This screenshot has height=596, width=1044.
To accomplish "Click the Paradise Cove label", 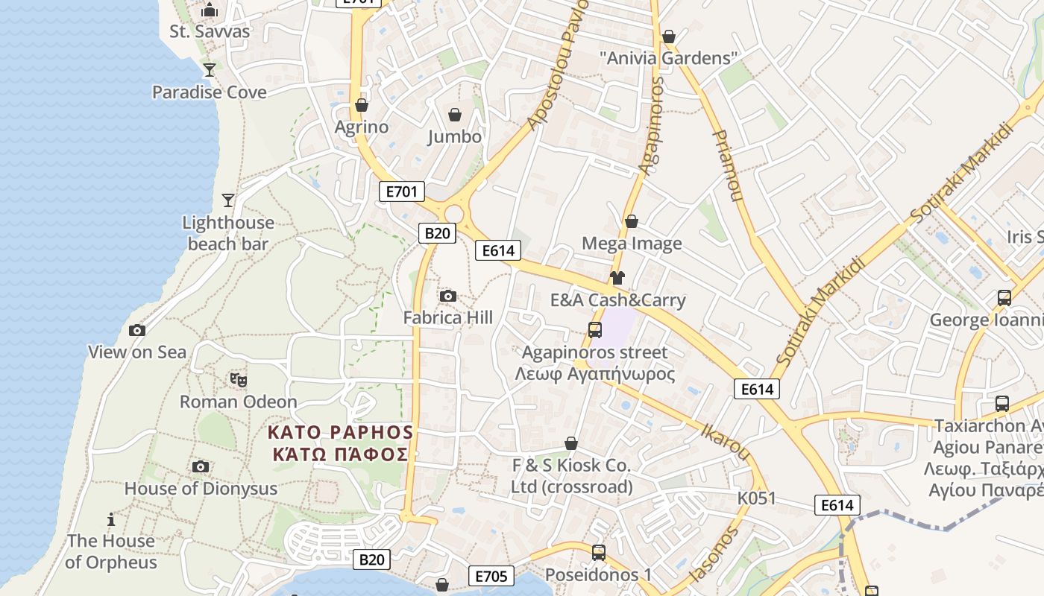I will [x=209, y=92].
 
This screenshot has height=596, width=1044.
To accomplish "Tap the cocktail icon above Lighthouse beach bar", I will [x=228, y=200].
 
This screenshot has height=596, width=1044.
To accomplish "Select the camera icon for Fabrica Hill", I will [x=448, y=296].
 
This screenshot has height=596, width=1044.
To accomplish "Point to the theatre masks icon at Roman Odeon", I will [x=239, y=380].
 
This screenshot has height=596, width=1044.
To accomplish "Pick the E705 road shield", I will [x=491, y=576].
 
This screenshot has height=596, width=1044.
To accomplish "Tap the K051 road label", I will [x=757, y=498].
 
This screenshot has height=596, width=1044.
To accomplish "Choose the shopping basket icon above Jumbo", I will [x=455, y=115].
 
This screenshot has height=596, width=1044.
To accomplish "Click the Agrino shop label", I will [x=362, y=127].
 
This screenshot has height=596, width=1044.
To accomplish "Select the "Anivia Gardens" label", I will [x=669, y=57].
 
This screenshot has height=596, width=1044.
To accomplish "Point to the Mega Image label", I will [x=632, y=244].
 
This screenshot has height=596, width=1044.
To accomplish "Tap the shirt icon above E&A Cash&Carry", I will [x=617, y=278].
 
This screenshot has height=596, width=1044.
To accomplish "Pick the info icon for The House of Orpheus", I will [x=111, y=519].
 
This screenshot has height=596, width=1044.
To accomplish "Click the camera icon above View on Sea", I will [x=137, y=330].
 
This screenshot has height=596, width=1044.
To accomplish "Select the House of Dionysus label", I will [x=201, y=489].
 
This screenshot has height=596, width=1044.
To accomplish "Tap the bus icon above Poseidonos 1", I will [x=599, y=553].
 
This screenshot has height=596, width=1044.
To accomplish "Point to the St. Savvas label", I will [x=210, y=31].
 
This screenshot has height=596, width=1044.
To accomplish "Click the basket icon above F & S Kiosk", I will [x=571, y=444].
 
